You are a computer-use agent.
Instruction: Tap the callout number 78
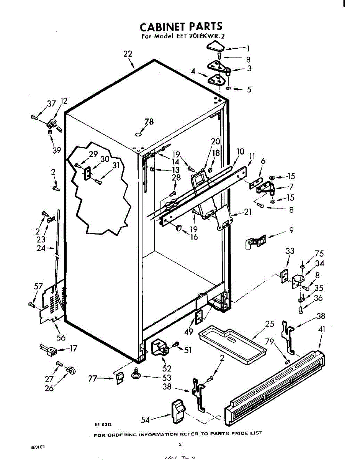pyautogui.click(x=149, y=122)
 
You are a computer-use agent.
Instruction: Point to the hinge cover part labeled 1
pyautogui.click(x=215, y=48)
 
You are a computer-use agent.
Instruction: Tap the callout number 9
pyautogui.click(x=291, y=230)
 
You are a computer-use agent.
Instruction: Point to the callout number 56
pyautogui.click(x=61, y=337)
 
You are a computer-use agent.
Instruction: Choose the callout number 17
pyautogui.click(x=73, y=348)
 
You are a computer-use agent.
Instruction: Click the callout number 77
pyautogui.click(x=92, y=378)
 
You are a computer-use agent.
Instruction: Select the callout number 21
pyautogui.click(x=247, y=211)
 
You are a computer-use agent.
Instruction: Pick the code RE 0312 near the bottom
pyautogui.click(x=103, y=424)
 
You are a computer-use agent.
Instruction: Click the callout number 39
pyautogui.click(x=57, y=151)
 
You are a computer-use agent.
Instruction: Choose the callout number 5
pyautogui.click(x=249, y=90)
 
